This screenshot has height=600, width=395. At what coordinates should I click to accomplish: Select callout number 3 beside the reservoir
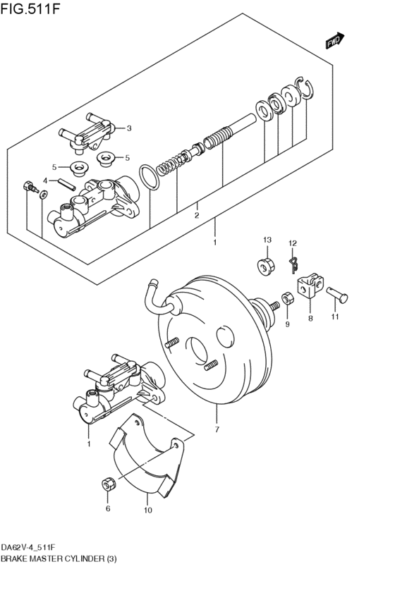(x=129, y=128)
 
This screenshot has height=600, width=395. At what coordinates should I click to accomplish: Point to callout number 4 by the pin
(x=44, y=181)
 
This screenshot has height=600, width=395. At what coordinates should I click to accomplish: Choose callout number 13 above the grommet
(x=267, y=241)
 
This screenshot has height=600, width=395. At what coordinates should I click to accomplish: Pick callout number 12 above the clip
(x=292, y=243)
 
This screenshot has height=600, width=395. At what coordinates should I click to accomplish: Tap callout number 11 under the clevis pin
(x=336, y=317)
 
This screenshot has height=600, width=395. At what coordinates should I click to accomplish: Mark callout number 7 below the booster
(x=217, y=429)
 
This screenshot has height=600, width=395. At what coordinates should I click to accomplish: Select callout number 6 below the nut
(x=108, y=508)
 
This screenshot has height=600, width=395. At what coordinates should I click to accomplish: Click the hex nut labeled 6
(x=108, y=484)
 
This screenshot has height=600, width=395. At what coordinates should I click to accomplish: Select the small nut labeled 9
(x=287, y=300)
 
